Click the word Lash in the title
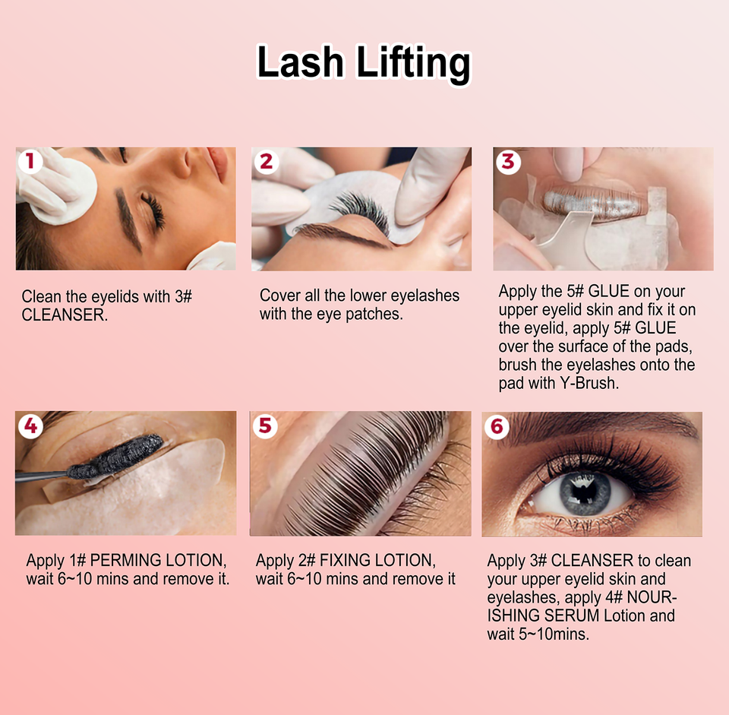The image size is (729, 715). (x=300, y=62)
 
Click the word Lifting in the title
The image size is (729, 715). (x=413, y=64)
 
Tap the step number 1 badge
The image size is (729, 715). (x=30, y=161)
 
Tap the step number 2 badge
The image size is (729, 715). (x=267, y=161)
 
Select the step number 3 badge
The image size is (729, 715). (x=508, y=161)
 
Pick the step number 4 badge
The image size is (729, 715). (x=30, y=426)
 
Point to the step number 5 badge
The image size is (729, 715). (x=265, y=426)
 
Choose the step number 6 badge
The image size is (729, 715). (x=497, y=426)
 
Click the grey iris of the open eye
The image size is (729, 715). (x=585, y=493)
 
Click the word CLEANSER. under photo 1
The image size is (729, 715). (x=65, y=315)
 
